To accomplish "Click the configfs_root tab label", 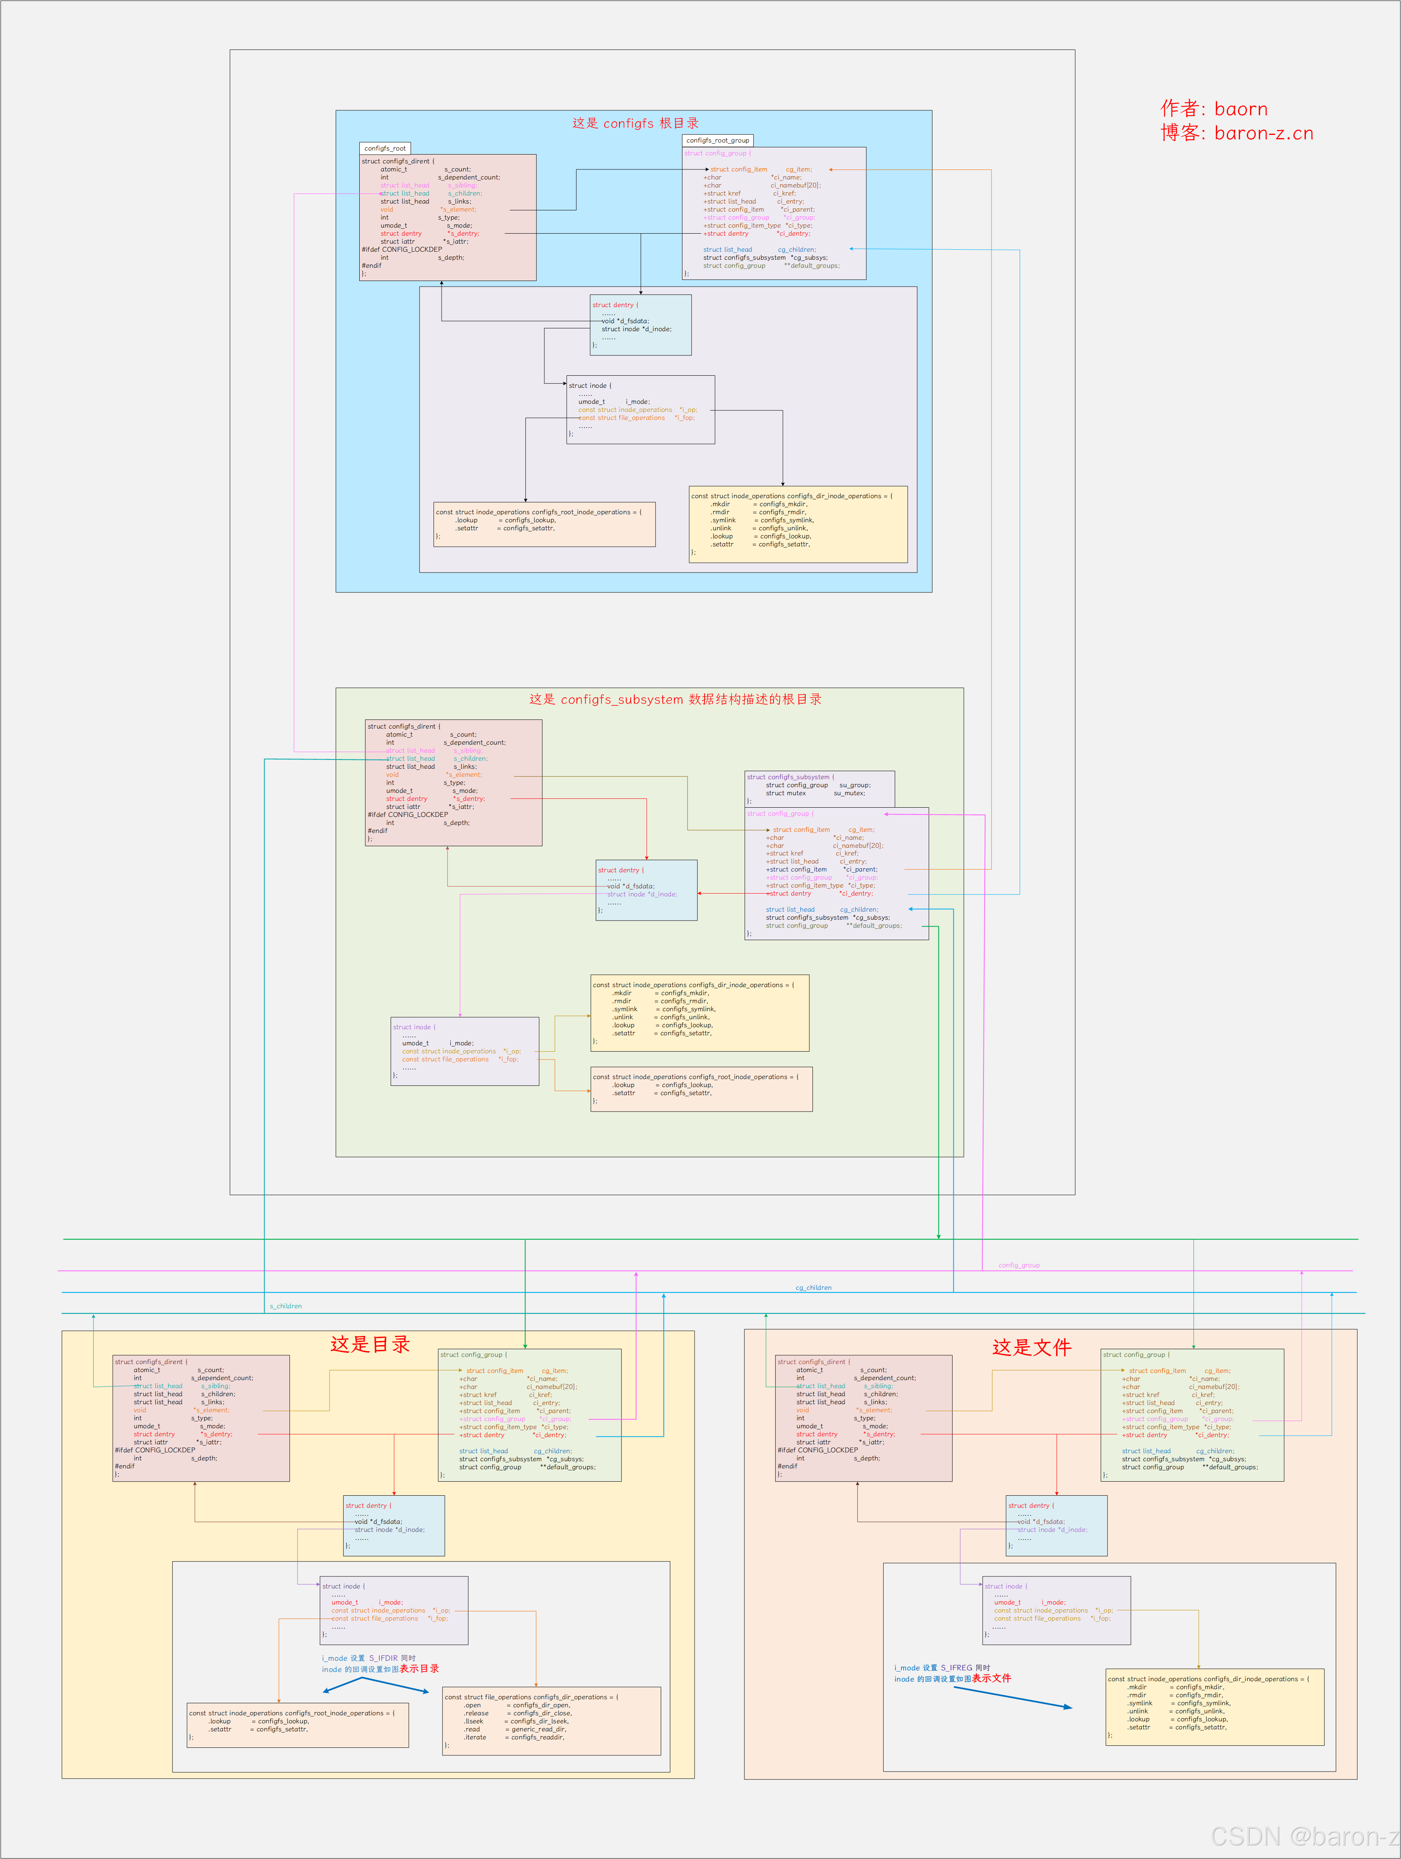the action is pyautogui.click(x=385, y=148).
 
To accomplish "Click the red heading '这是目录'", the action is pyautogui.click(x=370, y=1344).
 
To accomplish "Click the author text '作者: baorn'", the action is pyautogui.click(x=1214, y=108).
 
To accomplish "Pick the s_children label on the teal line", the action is pyautogui.click(x=286, y=1306).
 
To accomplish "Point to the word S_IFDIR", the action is pyautogui.click(x=383, y=1658).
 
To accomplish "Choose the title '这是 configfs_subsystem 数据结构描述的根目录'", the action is pyautogui.click(x=675, y=699).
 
